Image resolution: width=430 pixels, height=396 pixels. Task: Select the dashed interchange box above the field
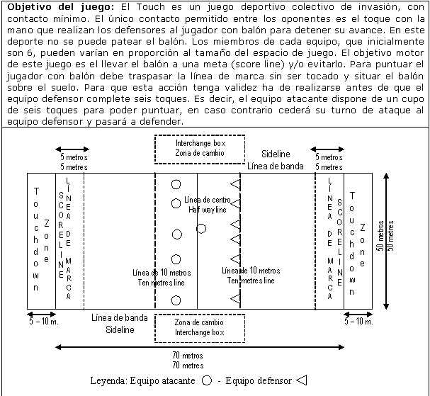(200, 148)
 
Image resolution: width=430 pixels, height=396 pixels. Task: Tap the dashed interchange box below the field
(200, 327)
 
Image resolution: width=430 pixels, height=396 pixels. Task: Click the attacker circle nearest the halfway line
(201, 228)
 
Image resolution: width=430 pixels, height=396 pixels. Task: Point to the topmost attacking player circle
(176, 185)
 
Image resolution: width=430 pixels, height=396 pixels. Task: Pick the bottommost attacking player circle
(176, 300)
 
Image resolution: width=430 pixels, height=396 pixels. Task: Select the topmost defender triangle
(235, 183)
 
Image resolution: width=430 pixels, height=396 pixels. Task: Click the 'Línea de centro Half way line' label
(208, 204)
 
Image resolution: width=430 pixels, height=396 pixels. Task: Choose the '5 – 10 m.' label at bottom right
(359, 322)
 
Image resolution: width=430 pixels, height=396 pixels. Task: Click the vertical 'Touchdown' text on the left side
(36, 239)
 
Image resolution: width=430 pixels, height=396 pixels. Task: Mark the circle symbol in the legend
(207, 380)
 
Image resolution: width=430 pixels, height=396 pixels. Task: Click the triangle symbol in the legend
(301, 380)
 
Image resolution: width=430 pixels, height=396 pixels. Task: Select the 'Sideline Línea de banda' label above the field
(275, 159)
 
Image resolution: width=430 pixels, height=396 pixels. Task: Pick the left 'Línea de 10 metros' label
(162, 276)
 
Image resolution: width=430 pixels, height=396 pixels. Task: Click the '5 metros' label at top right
(327, 162)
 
